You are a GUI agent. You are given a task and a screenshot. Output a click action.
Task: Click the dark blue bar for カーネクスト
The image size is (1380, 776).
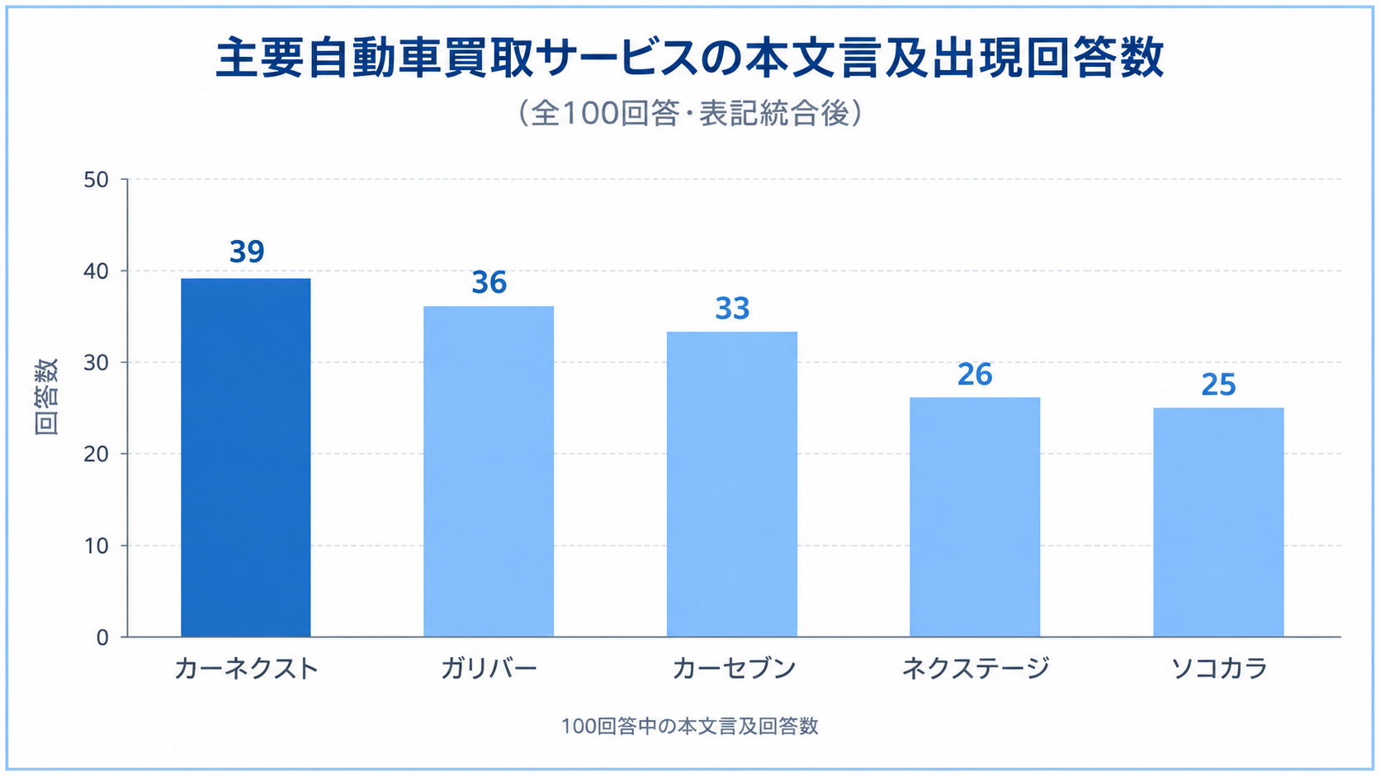tap(246, 457)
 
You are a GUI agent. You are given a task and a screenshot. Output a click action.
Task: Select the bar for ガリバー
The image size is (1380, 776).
tap(489, 472)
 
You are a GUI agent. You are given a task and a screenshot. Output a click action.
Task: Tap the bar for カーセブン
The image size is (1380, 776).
tap(732, 484)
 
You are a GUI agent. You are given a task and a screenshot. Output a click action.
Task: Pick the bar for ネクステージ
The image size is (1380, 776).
tap(976, 517)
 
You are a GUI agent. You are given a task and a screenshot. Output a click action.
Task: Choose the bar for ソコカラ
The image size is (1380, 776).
tap(1218, 523)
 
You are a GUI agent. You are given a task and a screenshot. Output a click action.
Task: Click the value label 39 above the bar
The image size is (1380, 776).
tap(247, 252)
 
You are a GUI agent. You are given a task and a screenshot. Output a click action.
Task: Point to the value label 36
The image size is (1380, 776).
tap(489, 283)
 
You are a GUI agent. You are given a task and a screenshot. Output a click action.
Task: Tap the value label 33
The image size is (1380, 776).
tap(733, 309)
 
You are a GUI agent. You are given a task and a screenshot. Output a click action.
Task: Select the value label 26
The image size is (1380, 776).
tap(976, 374)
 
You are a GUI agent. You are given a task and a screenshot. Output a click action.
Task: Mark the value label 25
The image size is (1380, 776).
tap(1218, 385)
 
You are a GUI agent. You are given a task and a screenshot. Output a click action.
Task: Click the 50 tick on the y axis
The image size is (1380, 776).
tap(96, 180)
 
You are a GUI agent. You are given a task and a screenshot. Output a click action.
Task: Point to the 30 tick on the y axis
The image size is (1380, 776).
tap(96, 363)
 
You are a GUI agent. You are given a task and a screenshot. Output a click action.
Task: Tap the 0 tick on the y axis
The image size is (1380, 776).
tap(102, 637)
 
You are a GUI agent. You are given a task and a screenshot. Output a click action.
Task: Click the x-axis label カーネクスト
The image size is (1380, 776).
tap(247, 669)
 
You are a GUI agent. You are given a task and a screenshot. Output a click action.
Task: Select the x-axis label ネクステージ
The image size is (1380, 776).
tap(976, 668)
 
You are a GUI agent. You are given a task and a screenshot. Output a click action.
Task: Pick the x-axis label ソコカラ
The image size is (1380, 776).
tap(1218, 669)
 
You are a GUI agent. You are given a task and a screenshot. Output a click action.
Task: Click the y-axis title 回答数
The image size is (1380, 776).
tap(46, 397)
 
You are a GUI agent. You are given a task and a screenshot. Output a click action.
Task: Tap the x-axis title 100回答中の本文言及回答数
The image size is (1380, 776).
tap(689, 727)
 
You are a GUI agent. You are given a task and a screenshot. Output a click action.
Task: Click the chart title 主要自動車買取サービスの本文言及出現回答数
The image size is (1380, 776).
tap(690, 58)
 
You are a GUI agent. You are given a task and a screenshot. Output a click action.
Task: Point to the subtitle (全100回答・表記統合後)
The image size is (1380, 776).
tap(690, 113)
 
